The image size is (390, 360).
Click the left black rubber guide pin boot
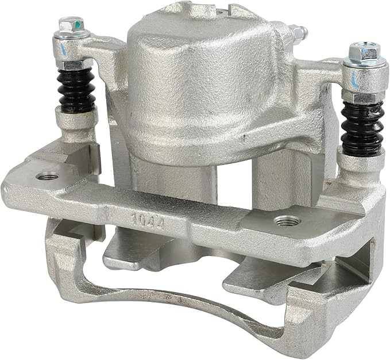(x=76, y=90)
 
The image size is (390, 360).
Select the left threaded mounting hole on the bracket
(x=47, y=177)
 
